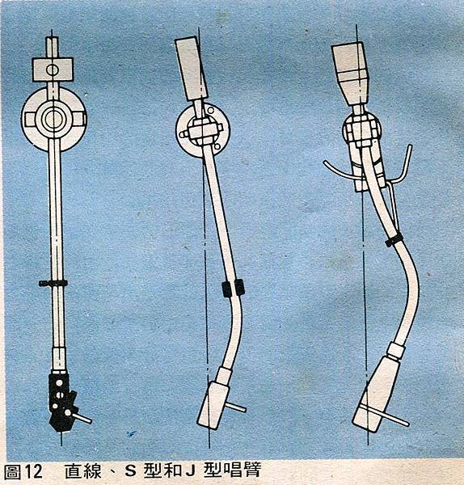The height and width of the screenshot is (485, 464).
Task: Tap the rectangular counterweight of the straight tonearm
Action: (x=53, y=70)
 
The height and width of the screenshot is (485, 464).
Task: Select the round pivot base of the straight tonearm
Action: (x=53, y=119)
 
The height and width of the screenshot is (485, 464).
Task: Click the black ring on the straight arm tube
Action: (x=53, y=283)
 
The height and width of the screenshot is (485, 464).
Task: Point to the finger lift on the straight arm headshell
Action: (x=81, y=417)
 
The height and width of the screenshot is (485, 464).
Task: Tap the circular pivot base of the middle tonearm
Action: (x=203, y=130)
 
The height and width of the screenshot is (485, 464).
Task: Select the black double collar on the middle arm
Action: (x=233, y=288)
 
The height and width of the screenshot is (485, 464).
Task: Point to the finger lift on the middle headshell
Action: (x=237, y=407)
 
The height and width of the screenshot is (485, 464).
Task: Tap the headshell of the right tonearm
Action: (x=376, y=394)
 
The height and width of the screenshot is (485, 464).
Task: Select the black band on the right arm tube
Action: (x=394, y=239)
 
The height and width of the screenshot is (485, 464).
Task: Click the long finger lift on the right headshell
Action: (x=385, y=415)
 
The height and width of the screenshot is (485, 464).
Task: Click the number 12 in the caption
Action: (x=33, y=472)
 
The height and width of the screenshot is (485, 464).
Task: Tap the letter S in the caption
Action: (x=130, y=471)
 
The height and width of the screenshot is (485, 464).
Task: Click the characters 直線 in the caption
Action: (x=83, y=471)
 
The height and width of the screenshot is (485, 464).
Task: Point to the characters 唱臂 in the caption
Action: (x=243, y=470)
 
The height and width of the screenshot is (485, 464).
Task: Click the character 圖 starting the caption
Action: (x=12, y=472)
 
